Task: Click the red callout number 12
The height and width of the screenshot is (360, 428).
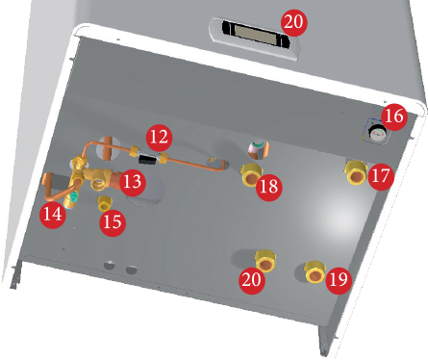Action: (x=159, y=138)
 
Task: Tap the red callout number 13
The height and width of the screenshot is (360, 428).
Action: (x=133, y=182)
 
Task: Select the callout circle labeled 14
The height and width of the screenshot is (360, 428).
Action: (x=53, y=214)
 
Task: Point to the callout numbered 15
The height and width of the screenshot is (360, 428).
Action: (x=113, y=222)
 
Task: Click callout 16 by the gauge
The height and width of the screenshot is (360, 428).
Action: (x=394, y=116)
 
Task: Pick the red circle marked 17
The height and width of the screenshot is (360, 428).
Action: (x=381, y=176)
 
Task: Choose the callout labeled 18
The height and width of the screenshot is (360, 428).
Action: (x=269, y=187)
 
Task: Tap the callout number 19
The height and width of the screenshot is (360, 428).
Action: (x=339, y=280)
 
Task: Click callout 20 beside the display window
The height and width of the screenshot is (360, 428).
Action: (x=293, y=22)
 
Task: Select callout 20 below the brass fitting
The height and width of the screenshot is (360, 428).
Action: (x=252, y=280)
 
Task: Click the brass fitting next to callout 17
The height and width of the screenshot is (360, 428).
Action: (x=356, y=173)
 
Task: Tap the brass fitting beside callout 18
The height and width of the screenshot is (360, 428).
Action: (x=252, y=175)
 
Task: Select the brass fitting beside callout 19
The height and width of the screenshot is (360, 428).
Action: (x=315, y=272)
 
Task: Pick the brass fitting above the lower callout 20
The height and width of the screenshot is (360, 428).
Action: (x=266, y=261)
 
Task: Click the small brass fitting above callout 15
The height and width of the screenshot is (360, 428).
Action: (x=104, y=203)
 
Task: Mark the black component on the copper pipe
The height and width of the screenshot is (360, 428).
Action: (x=147, y=159)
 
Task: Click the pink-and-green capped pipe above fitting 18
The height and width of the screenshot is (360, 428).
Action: (x=257, y=148)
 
